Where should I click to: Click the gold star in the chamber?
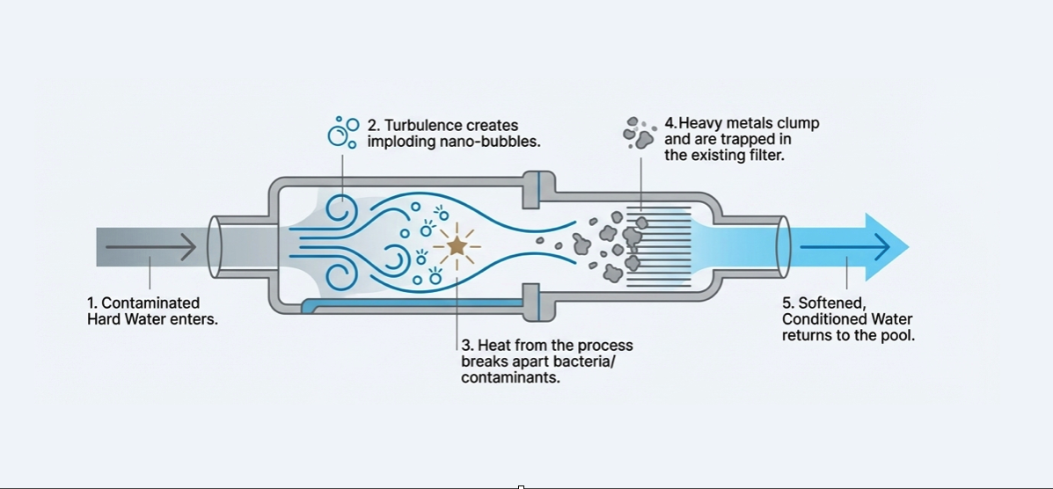click(457, 246)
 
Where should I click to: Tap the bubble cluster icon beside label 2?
click(341, 132)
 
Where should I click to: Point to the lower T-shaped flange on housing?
click(533, 304)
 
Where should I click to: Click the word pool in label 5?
click(898, 335)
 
